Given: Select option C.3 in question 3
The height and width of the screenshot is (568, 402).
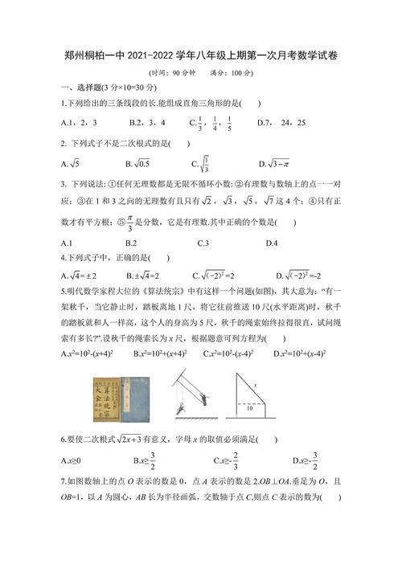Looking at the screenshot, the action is [x=203, y=243].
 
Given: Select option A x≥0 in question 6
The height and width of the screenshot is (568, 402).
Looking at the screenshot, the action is [x=72, y=460].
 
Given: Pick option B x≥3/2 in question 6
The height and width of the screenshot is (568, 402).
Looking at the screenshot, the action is [x=142, y=460].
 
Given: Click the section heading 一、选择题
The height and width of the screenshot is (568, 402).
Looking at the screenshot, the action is [x=88, y=87].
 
